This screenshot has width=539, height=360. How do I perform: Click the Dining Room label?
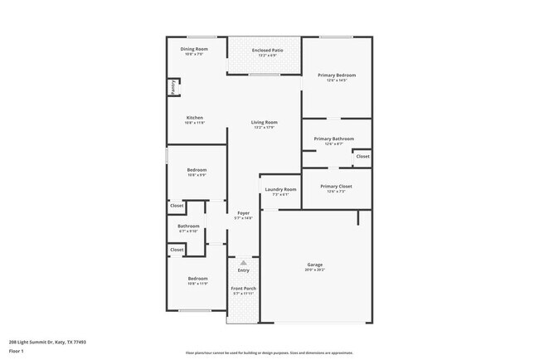tap(194, 49)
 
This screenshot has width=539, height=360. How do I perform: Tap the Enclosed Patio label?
tap(265, 50)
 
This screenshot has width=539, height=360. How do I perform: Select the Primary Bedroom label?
tap(337, 75)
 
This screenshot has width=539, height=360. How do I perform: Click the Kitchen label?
tap(195, 117)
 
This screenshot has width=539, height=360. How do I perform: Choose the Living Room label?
tap(265, 123)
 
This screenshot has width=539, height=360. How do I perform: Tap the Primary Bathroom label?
tap(334, 139)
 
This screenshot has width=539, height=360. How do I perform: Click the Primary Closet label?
tap(336, 187)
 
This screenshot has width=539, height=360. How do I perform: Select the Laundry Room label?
tap(280, 189)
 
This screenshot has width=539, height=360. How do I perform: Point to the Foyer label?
tap(244, 213)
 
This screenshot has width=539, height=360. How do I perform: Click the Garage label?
tap(316, 265)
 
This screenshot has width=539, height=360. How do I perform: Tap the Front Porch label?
tap(244, 288)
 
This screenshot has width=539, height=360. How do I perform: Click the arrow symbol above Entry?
tap(244, 262)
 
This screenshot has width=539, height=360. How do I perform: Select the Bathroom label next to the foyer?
tap(188, 226)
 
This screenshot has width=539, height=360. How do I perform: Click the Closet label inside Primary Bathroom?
tap(362, 156)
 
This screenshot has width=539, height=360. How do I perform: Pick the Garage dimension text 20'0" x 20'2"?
tap(316, 270)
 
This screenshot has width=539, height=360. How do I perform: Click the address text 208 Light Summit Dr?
tap(47, 341)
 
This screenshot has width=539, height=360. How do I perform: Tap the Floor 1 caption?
tap(17, 351)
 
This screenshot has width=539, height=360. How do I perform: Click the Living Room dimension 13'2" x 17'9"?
tap(265, 128)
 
